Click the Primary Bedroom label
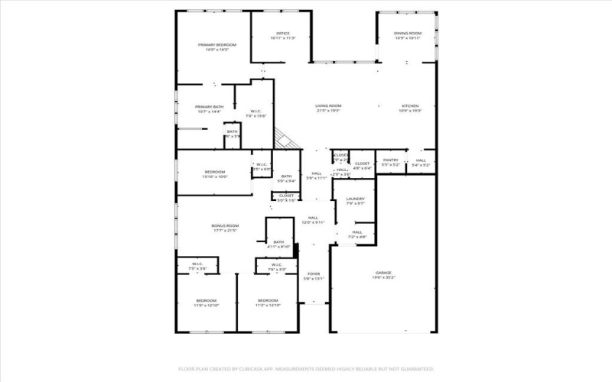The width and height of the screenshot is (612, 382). [x=217, y=45]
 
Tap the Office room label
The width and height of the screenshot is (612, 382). [x=282, y=34]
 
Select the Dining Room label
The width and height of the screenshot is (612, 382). [x=408, y=34]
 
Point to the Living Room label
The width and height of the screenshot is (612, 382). [x=329, y=105]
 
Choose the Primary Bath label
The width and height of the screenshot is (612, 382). [x=209, y=107]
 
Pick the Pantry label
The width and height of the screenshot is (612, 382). [x=391, y=160]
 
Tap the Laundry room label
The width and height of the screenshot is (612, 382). [x=354, y=199]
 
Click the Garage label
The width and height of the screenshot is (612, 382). [x=383, y=273]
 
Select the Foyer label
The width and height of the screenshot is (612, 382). [x=314, y=274]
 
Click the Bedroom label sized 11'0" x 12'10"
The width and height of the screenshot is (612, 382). [x=206, y=300]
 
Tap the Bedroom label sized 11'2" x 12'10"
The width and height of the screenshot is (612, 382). [x=267, y=300]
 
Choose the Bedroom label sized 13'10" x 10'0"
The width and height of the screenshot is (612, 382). [x=214, y=172]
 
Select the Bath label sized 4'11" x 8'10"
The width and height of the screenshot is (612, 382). [x=278, y=242]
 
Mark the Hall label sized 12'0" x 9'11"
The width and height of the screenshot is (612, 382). [x=313, y=218]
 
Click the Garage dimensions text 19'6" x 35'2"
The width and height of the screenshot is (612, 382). [x=383, y=277]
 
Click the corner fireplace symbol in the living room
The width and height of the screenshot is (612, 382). [x=285, y=139]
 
